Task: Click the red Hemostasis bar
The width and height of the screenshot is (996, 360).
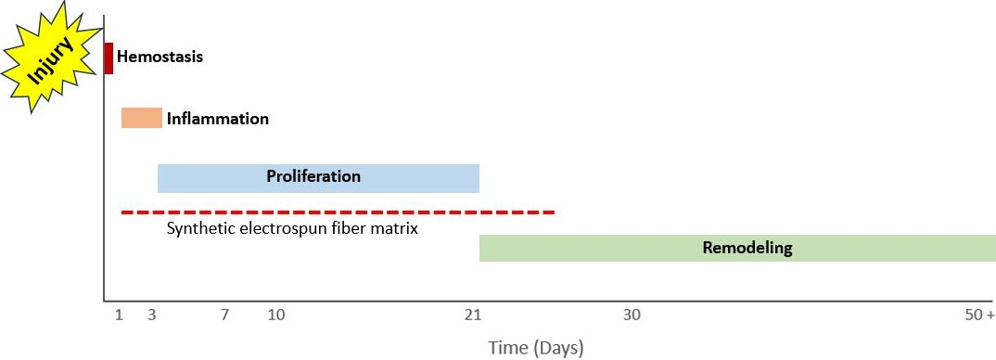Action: tap(109, 58)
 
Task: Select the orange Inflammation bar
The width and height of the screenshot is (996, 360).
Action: tap(141, 118)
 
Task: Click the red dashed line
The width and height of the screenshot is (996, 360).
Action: tap(338, 212)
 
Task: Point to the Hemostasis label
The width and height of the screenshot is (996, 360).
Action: tap(160, 57)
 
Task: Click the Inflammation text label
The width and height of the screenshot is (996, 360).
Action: tap(218, 119)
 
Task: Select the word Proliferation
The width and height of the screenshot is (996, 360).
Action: tap(313, 175)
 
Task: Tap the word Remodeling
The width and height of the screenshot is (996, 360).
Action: tap(747, 248)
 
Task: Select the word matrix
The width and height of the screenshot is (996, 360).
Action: tap(397, 227)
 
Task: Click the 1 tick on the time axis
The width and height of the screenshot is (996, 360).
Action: tap(119, 315)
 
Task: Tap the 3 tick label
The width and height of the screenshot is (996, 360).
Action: tap(152, 315)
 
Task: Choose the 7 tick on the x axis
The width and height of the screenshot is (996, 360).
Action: tap(224, 315)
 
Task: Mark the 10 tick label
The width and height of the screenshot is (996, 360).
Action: tap(276, 315)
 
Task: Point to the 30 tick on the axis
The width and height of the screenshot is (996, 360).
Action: tap(632, 315)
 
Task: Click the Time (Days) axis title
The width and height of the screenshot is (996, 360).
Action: tap(536, 348)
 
